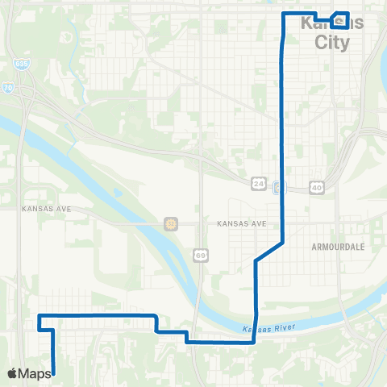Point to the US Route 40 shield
(318, 187)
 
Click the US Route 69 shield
(199, 254)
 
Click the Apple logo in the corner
(12, 373)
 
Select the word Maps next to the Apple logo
(35, 373)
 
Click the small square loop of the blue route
(339, 20)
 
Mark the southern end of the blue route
(53, 372)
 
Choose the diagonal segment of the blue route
(268, 252)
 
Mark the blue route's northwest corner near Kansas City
(282, 15)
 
